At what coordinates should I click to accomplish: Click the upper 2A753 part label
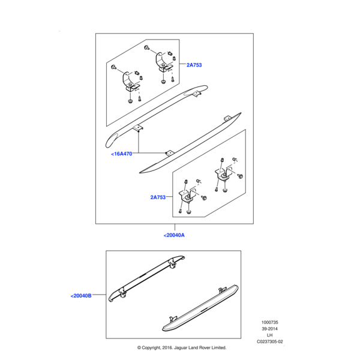coord(194,65)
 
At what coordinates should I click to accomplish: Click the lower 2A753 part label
coord(158,197)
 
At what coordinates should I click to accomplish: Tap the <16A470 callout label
coord(122,154)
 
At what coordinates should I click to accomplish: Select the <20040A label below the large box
coord(174,235)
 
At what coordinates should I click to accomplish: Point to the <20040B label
coord(81,296)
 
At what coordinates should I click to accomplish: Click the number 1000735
coord(270,322)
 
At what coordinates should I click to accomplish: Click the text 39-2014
coord(270,329)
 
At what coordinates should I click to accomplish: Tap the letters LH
coord(270,335)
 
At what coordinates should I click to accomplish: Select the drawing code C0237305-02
coord(270,341)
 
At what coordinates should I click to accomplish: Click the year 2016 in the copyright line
coord(167,347)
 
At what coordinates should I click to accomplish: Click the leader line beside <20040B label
coord(99,295)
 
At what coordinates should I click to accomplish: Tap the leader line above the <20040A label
coord(175,227)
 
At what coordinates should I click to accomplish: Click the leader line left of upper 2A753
coord(182,64)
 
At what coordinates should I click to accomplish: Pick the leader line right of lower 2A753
coord(169,197)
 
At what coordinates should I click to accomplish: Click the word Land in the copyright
coord(193,347)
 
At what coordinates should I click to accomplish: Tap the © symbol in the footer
coord(139,348)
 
